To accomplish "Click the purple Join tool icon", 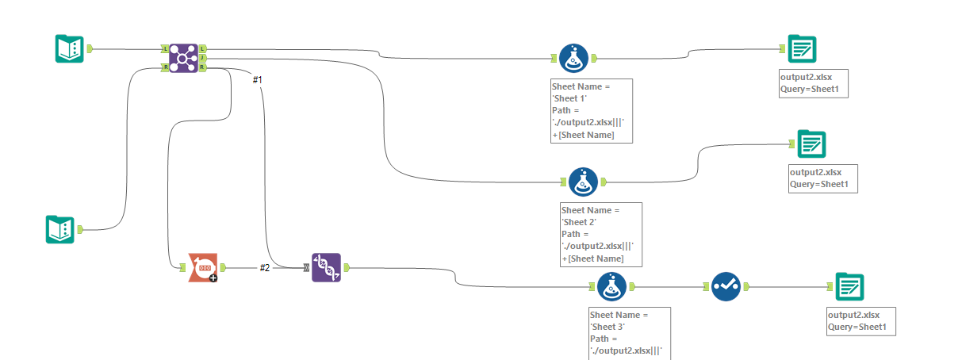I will (183, 59).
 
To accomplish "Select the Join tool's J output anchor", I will (203, 58).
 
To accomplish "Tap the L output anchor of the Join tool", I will (203, 49).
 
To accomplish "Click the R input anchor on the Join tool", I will (164, 67).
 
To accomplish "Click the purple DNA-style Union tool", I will (326, 268).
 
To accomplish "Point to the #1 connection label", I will (257, 80).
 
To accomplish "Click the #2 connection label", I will (265, 268).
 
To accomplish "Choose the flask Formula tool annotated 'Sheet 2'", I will (583, 182).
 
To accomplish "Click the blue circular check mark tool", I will (725, 286).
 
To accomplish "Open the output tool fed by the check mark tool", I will (849, 286).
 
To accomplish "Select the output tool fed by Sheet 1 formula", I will (802, 49).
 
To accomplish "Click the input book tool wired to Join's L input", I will (69, 49).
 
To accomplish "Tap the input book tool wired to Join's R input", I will (59, 229).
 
